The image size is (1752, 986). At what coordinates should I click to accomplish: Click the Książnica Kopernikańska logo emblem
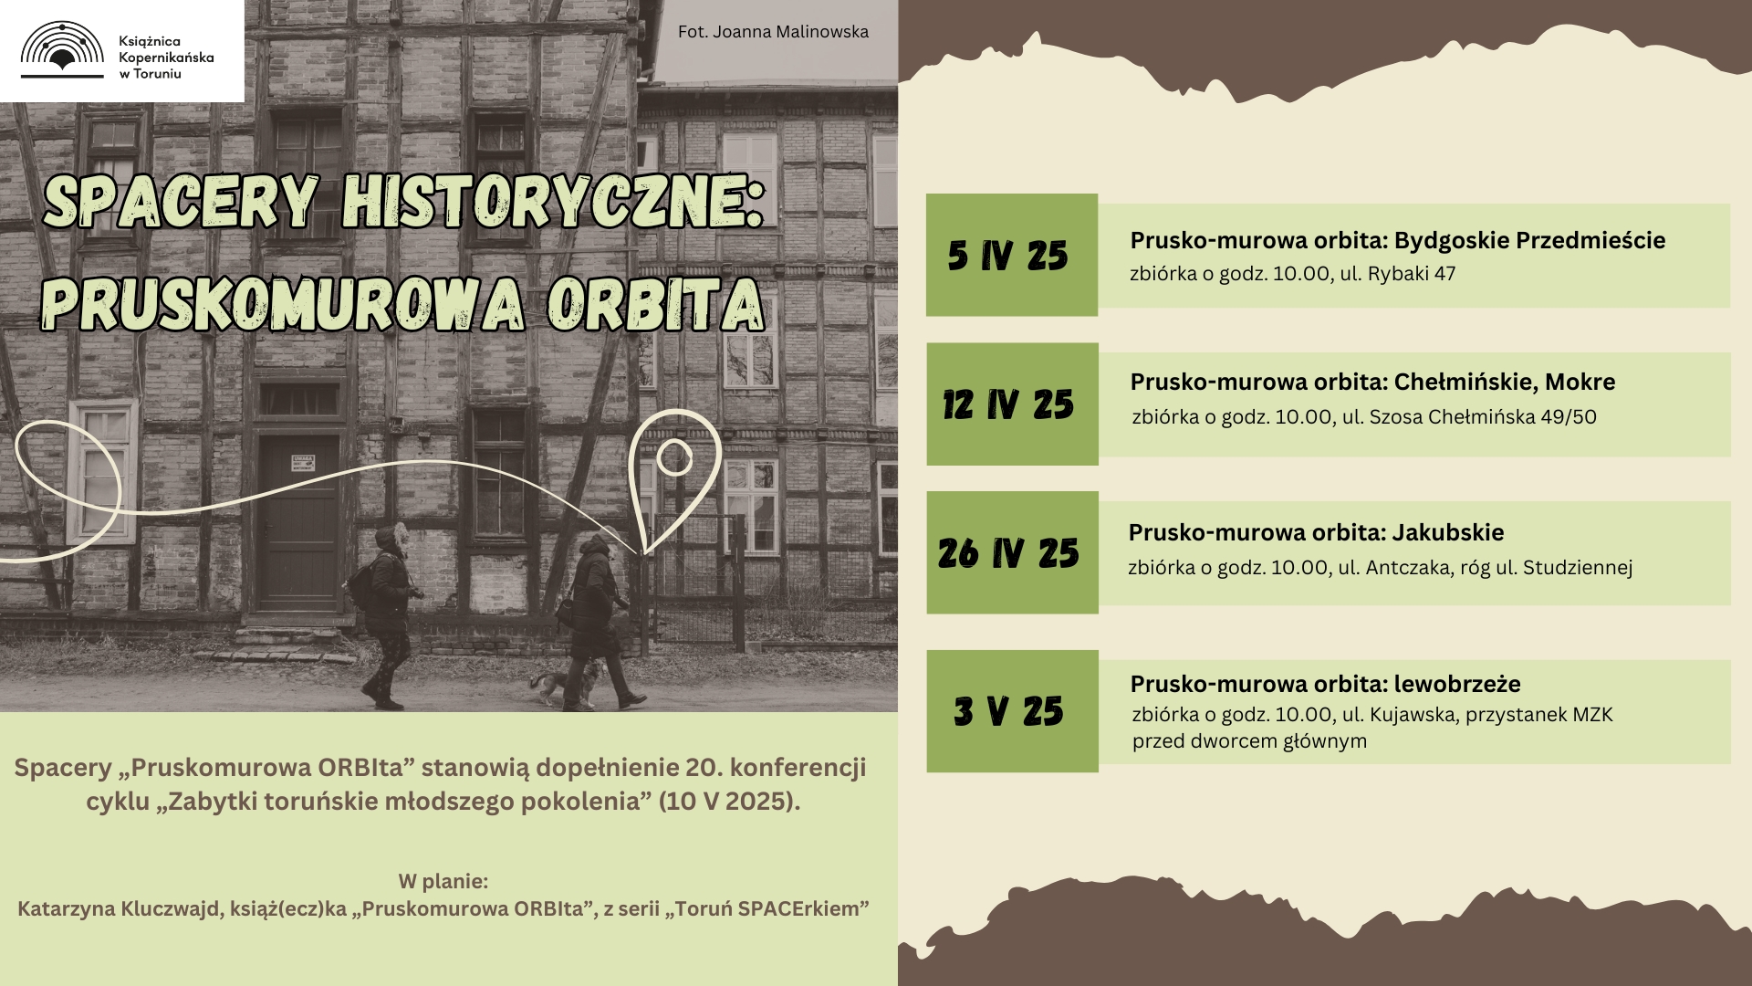pyautogui.click(x=62, y=49)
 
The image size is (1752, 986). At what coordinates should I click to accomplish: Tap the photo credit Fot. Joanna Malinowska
pyautogui.click(x=773, y=32)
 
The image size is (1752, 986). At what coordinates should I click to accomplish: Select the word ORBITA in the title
pyautogui.click(x=655, y=305)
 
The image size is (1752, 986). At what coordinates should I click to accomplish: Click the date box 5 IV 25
pyautogui.click(x=1012, y=255)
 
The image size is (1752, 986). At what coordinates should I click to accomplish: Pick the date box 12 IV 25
pyautogui.click(x=1012, y=404)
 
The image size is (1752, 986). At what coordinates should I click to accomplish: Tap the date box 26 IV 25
pyautogui.click(x=1012, y=552)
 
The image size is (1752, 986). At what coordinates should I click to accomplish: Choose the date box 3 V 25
pyautogui.click(x=1012, y=711)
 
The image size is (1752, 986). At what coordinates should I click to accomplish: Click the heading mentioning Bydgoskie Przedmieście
pyautogui.click(x=1397, y=241)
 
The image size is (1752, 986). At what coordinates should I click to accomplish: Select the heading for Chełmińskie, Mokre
pyautogui.click(x=1372, y=383)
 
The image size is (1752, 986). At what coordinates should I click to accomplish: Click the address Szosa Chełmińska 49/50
pyautogui.click(x=1483, y=417)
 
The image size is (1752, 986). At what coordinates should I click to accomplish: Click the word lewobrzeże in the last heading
pyautogui.click(x=1457, y=684)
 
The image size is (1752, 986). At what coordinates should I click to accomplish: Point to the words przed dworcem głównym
pyautogui.click(x=1249, y=741)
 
